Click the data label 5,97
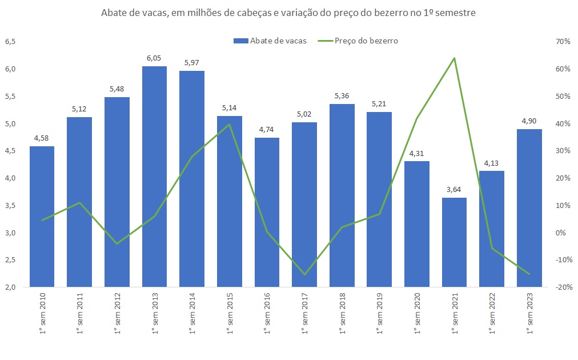point(192,63)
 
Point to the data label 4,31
point(417,153)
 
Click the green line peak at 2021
point(454,58)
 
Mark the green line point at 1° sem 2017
point(304,274)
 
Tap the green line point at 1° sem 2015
point(229,125)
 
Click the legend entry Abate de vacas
point(278,41)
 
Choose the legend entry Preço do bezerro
point(366,41)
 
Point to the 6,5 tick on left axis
point(10,42)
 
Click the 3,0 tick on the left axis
point(10,233)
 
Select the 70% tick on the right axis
point(563,42)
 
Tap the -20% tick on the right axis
point(562,287)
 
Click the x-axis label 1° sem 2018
point(342,314)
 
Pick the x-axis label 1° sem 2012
point(117,314)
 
